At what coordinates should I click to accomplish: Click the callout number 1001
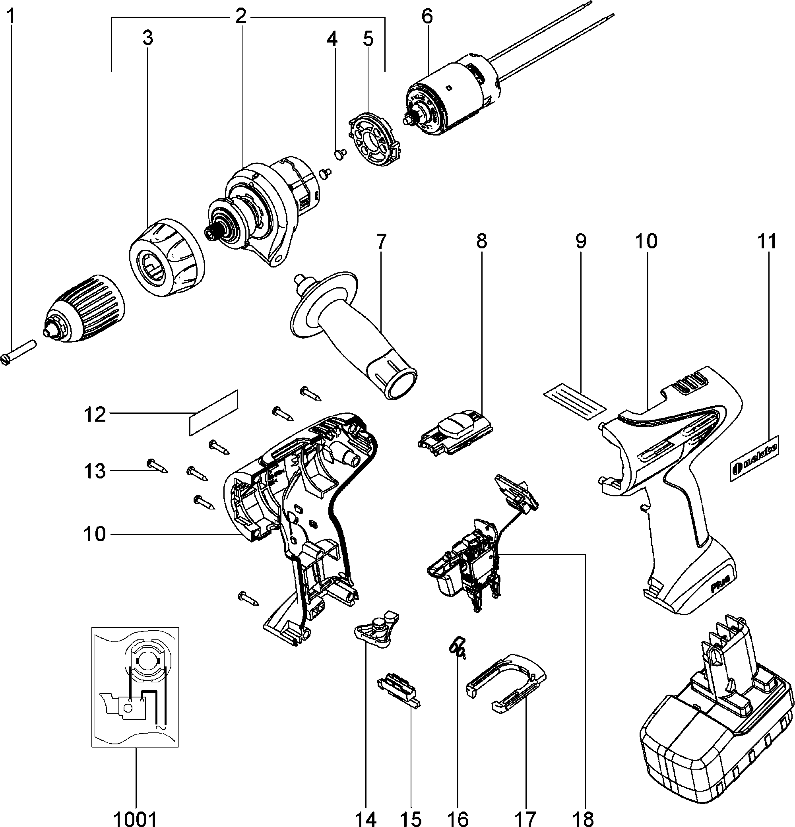tap(136, 818)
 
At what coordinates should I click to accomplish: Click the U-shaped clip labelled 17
tap(507, 683)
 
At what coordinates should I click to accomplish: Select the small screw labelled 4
tap(340, 154)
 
